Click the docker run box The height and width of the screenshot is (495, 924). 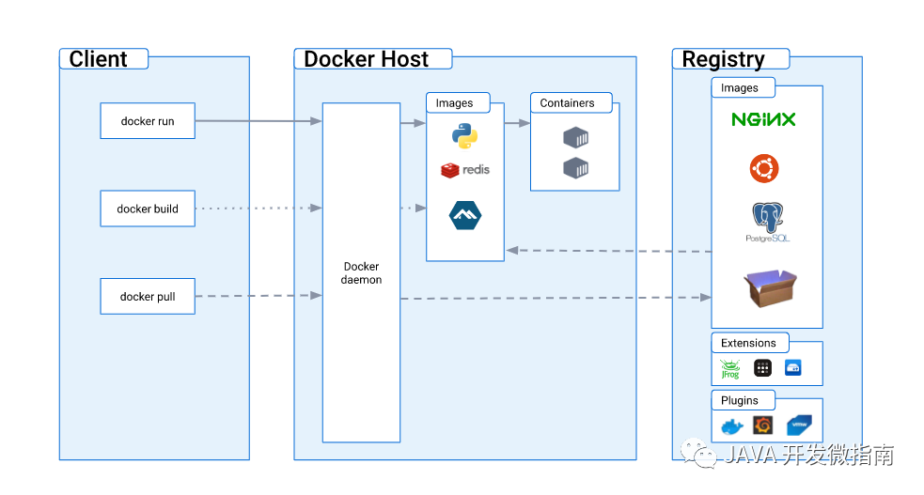[x=148, y=121]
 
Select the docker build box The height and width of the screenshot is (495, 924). [x=148, y=209]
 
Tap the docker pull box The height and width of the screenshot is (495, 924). [x=148, y=297]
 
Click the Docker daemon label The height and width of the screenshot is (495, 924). [x=362, y=273]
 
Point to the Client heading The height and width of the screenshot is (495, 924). [x=99, y=59]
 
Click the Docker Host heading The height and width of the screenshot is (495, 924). [x=367, y=59]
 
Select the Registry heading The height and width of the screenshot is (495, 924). [x=723, y=59]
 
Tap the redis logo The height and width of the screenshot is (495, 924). [x=465, y=170]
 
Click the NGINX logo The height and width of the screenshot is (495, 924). [x=763, y=119]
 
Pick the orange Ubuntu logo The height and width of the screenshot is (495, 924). [x=764, y=169]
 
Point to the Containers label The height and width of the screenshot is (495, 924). [x=567, y=103]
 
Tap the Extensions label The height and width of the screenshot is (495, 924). [x=748, y=343]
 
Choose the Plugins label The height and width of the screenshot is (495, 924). [x=740, y=400]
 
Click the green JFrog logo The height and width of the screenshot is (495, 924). [x=730, y=369]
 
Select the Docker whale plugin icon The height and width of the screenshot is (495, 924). [x=731, y=427]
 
